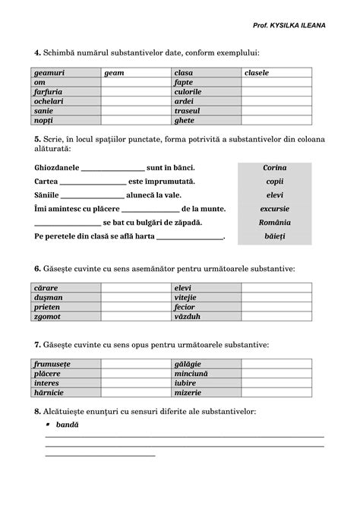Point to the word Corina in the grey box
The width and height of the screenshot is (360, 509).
[x=274, y=167]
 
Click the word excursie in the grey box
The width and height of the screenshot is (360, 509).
[x=274, y=208]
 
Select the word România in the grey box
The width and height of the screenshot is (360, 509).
[x=274, y=223]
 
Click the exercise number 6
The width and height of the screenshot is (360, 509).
[x=36, y=268]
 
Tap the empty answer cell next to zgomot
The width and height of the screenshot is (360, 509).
[x=136, y=316]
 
